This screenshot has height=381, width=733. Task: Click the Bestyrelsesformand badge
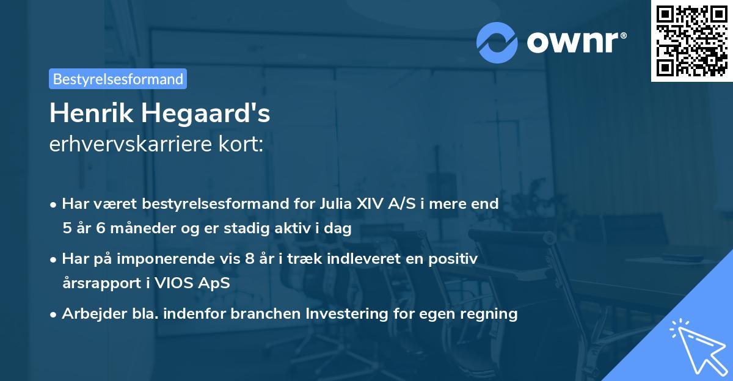tap(118, 79)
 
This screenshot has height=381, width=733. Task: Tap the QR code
tap(691, 40)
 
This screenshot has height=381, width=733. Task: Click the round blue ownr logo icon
tap(497, 42)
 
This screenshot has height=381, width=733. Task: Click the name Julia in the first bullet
tap(335, 203)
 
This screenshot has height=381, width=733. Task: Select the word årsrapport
tap(97, 283)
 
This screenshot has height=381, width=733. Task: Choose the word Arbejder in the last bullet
tap(87, 314)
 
